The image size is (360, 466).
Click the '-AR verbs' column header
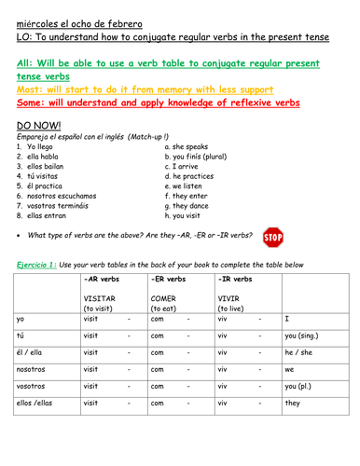pos(104,279)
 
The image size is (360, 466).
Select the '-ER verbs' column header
pos(172,279)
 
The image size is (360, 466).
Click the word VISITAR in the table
pos(101,298)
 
